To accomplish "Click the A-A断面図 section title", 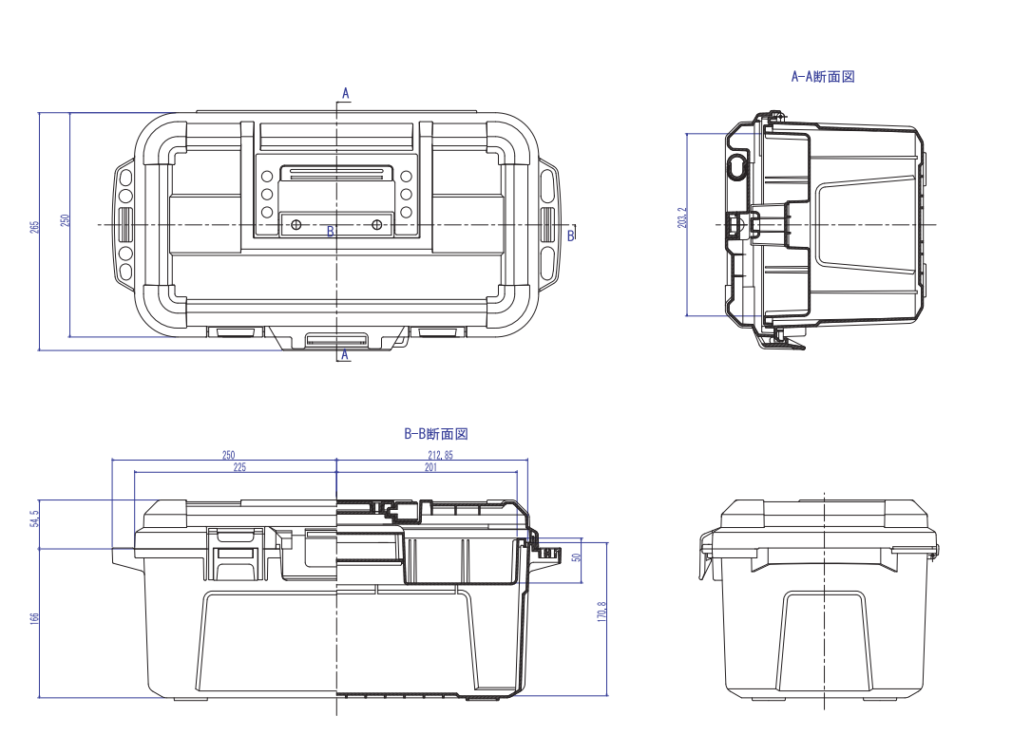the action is pos(823,77).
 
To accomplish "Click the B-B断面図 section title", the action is pos(435,434).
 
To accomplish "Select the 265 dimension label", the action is pos(35,227).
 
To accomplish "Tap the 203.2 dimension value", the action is pos(682,217).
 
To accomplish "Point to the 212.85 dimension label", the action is pos(440,455).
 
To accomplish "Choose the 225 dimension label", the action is pos(239,467).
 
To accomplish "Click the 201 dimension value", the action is pos(430,467).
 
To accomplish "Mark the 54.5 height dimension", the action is pos(35,518).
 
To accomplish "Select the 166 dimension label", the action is pos(35,617).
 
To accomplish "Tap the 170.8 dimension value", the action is pos(602,612).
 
